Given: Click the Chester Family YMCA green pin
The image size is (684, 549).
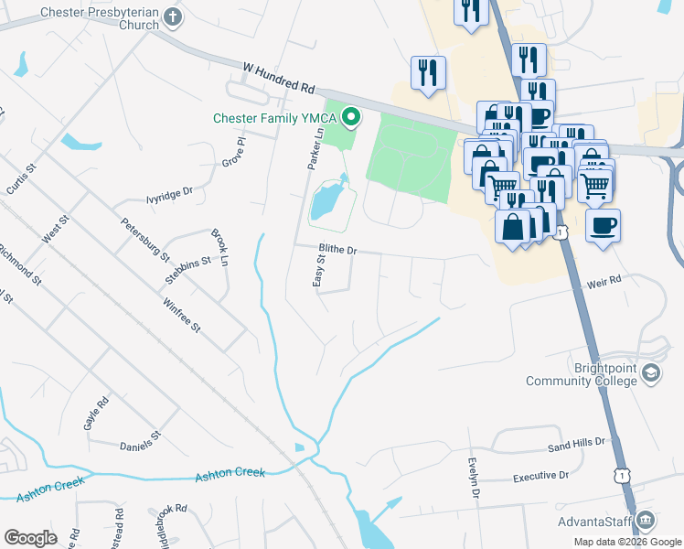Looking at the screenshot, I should click(x=350, y=117).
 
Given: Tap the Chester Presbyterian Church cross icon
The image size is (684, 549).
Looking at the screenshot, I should click(x=169, y=18).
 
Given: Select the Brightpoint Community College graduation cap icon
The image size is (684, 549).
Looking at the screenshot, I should click(x=650, y=373).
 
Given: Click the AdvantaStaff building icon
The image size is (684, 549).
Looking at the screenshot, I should click(x=647, y=522).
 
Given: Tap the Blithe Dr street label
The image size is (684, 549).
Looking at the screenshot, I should click(x=336, y=249).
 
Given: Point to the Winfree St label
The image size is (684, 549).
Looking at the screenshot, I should click(x=181, y=314).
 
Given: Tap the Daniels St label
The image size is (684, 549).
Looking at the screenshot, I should click(x=140, y=447).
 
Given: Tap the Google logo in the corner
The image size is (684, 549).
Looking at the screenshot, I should click(x=30, y=537).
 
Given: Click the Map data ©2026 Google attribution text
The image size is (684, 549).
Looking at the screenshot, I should click(x=628, y=542).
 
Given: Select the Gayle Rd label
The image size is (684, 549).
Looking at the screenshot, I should click(x=96, y=414).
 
